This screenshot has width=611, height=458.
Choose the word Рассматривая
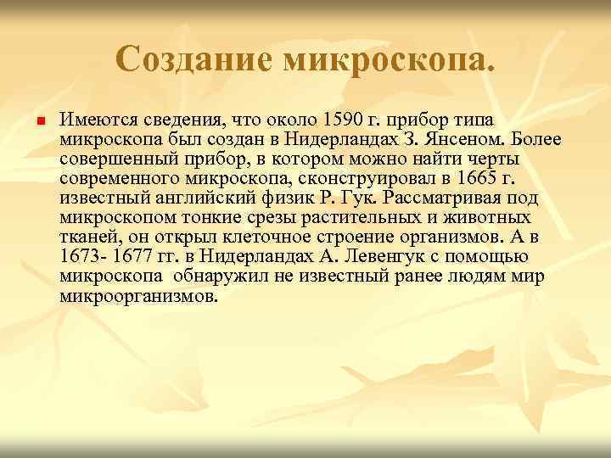[x=451, y=198]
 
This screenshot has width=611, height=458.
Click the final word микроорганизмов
[x=138, y=298]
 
